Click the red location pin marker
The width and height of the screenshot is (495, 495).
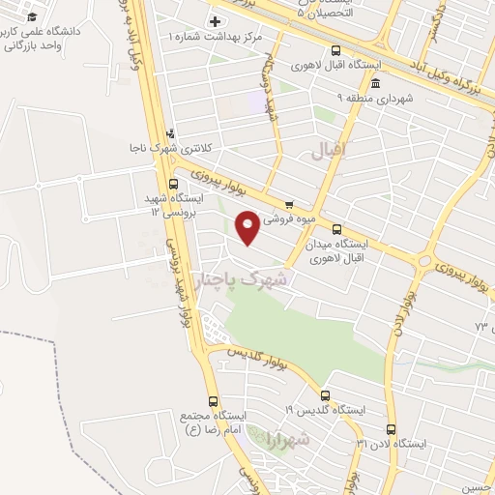[x=248, y=226]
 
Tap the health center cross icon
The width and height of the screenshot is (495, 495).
[x=215, y=21]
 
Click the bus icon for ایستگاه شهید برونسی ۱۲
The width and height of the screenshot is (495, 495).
[x=173, y=184]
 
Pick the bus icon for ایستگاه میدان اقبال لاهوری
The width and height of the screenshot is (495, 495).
[x=336, y=230]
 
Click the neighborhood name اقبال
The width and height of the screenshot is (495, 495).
[x=330, y=152]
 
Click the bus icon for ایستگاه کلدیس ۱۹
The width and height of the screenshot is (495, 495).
[x=324, y=394]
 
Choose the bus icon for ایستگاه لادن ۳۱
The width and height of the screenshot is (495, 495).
[x=391, y=428]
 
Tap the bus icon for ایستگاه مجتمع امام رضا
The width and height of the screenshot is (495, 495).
[x=213, y=400]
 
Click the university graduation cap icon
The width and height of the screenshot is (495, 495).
[x=30, y=17]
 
